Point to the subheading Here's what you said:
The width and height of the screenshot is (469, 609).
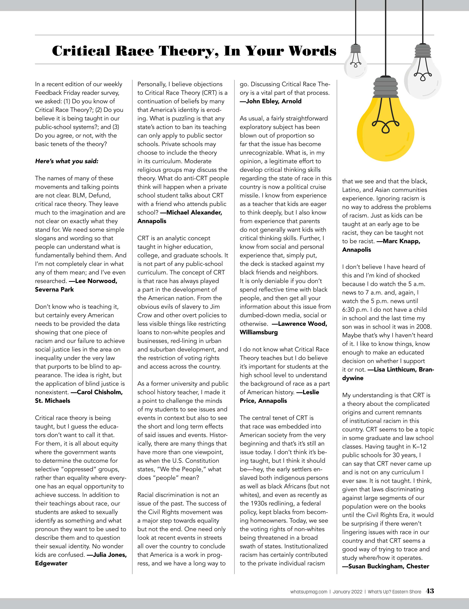tap(67, 161)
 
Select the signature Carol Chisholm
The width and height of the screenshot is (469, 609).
tap(100, 392)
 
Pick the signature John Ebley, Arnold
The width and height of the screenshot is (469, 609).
tap(271, 101)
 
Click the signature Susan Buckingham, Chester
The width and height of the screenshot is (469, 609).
tap(386, 566)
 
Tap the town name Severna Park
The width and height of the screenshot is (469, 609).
tap(54, 289)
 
